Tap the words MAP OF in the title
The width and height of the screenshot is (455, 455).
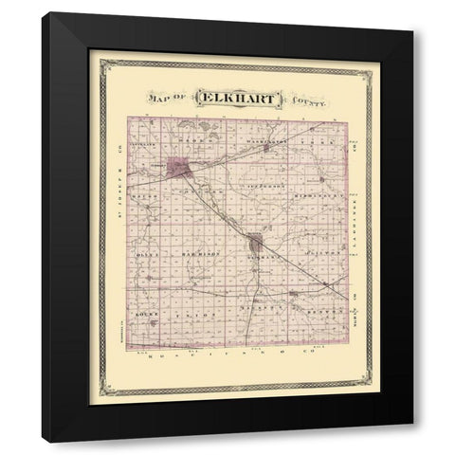[168, 97]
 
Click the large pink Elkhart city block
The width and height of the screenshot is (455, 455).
[179, 168]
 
